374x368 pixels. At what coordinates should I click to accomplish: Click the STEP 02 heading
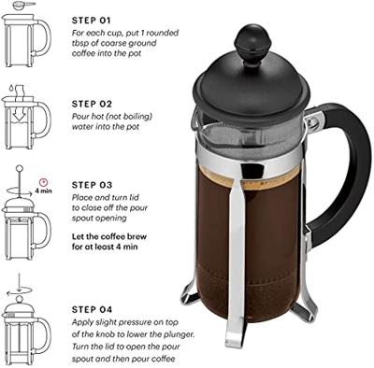click(92, 104)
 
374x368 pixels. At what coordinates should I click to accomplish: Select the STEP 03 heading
click(92, 185)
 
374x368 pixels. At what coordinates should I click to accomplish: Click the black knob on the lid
click(255, 40)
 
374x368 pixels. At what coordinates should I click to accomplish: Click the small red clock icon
click(42, 180)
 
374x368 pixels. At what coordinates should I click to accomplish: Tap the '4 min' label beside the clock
click(43, 191)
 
